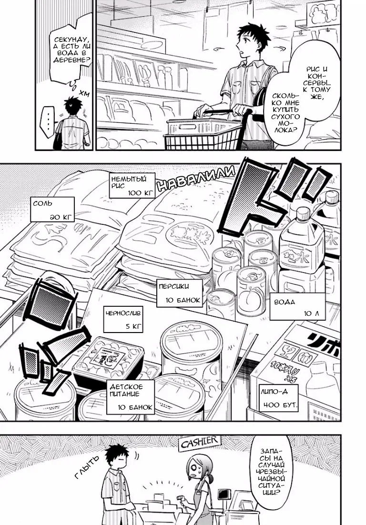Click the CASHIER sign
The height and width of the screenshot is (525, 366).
(199, 443)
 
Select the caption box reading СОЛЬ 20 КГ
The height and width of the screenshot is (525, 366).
(53, 210)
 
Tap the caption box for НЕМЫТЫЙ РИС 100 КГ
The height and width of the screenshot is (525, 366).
(132, 186)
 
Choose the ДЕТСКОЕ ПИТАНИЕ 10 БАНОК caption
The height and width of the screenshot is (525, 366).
(131, 396)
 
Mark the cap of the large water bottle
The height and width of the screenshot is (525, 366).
(304, 211)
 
